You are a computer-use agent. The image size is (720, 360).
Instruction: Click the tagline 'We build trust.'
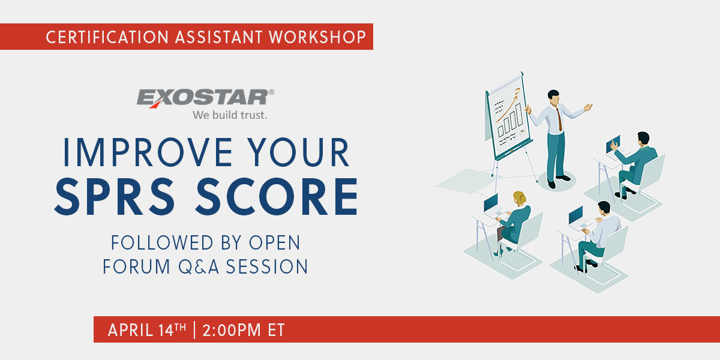(x=230, y=115)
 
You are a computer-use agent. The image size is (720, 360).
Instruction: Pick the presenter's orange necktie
(x=559, y=118)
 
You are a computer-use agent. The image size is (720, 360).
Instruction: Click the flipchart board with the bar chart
(x=509, y=114)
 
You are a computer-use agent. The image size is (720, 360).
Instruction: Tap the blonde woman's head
(x=519, y=198)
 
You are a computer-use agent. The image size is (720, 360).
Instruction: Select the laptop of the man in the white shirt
(x=575, y=214)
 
